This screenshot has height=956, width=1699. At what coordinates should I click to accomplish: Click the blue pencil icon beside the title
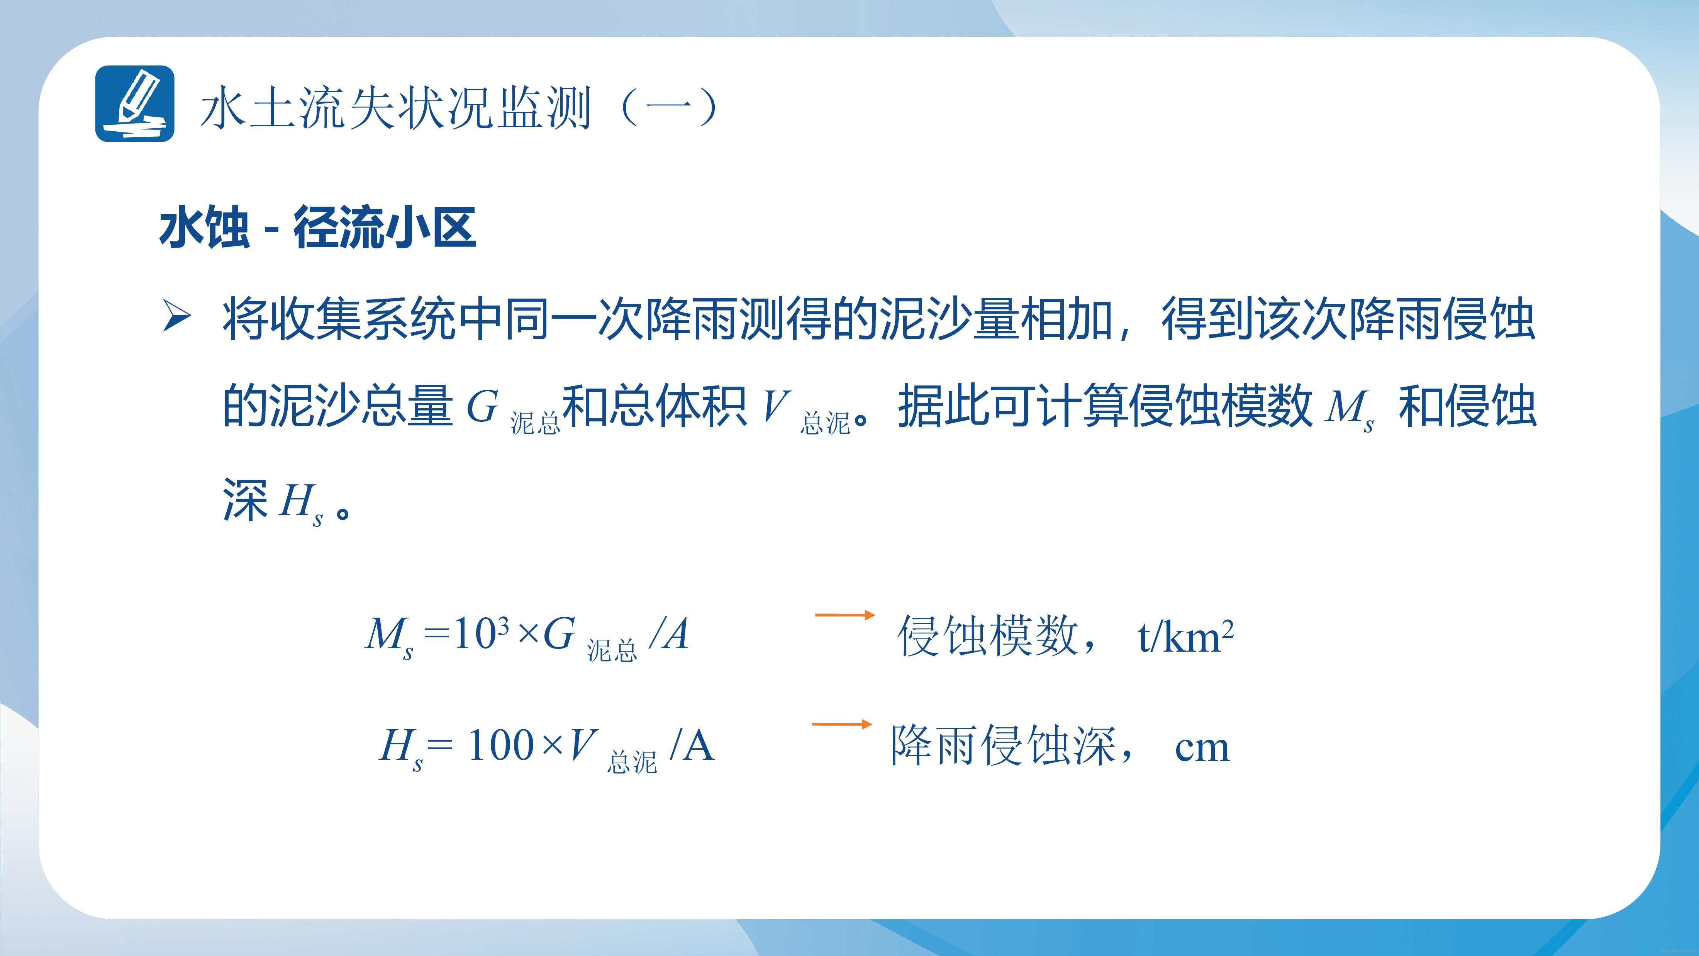134,104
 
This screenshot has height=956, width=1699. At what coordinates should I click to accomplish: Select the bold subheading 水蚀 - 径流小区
317,228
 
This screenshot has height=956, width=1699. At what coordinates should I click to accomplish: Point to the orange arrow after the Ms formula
845,615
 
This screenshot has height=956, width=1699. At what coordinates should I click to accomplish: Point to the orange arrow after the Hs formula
842,724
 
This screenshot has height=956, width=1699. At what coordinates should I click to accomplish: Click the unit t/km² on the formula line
1185,637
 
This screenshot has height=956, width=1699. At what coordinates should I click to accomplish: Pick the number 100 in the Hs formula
501,745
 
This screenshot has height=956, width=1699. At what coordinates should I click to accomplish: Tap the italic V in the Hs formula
584,745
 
